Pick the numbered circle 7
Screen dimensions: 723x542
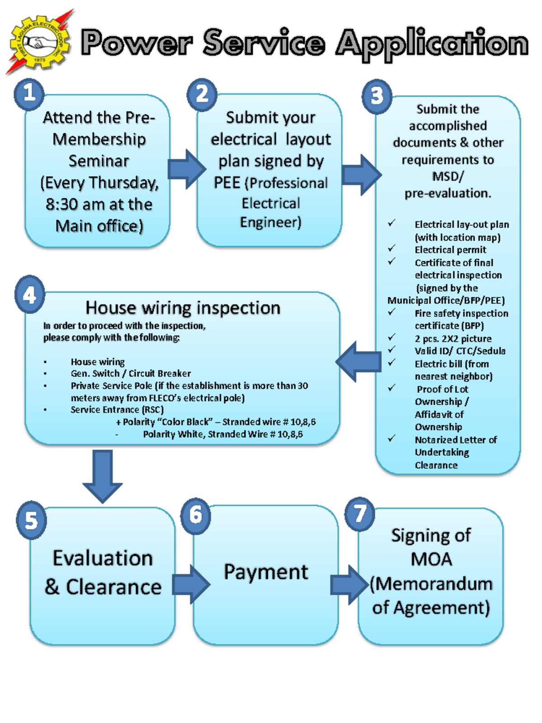click(x=360, y=514)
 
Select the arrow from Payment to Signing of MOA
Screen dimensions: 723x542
click(x=349, y=584)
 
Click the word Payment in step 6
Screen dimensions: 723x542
click(x=266, y=572)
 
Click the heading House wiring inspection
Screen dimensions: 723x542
click(x=183, y=308)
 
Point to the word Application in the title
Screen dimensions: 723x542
click(x=431, y=44)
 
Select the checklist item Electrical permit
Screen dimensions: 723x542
click(x=450, y=250)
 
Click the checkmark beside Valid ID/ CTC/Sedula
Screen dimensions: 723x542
click(x=392, y=350)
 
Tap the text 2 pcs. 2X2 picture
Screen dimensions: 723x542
click(x=453, y=338)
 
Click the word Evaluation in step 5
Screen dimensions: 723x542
click(x=103, y=558)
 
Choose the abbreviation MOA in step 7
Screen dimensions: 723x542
click(x=431, y=559)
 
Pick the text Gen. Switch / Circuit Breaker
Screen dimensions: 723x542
click(x=131, y=374)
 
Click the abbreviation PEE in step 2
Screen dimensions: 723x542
click(x=227, y=183)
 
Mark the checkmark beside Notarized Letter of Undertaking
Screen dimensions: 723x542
click(x=392, y=438)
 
